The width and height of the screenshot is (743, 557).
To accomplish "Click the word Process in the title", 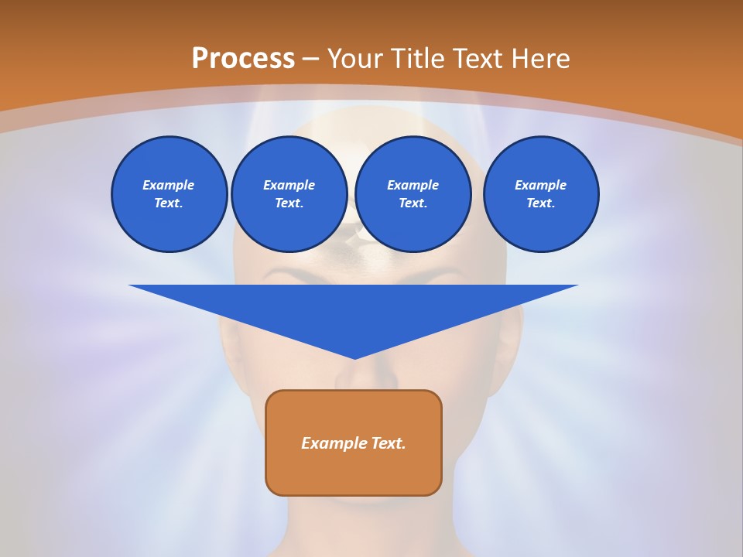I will click(243, 59).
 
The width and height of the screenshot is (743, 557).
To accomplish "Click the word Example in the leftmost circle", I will click(169, 185).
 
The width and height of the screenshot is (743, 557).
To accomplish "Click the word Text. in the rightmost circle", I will click(540, 203).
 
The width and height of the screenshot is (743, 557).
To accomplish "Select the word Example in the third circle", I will click(413, 185).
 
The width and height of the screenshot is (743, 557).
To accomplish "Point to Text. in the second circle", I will click(289, 203).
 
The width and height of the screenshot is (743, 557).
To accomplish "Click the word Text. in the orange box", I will click(389, 443).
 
